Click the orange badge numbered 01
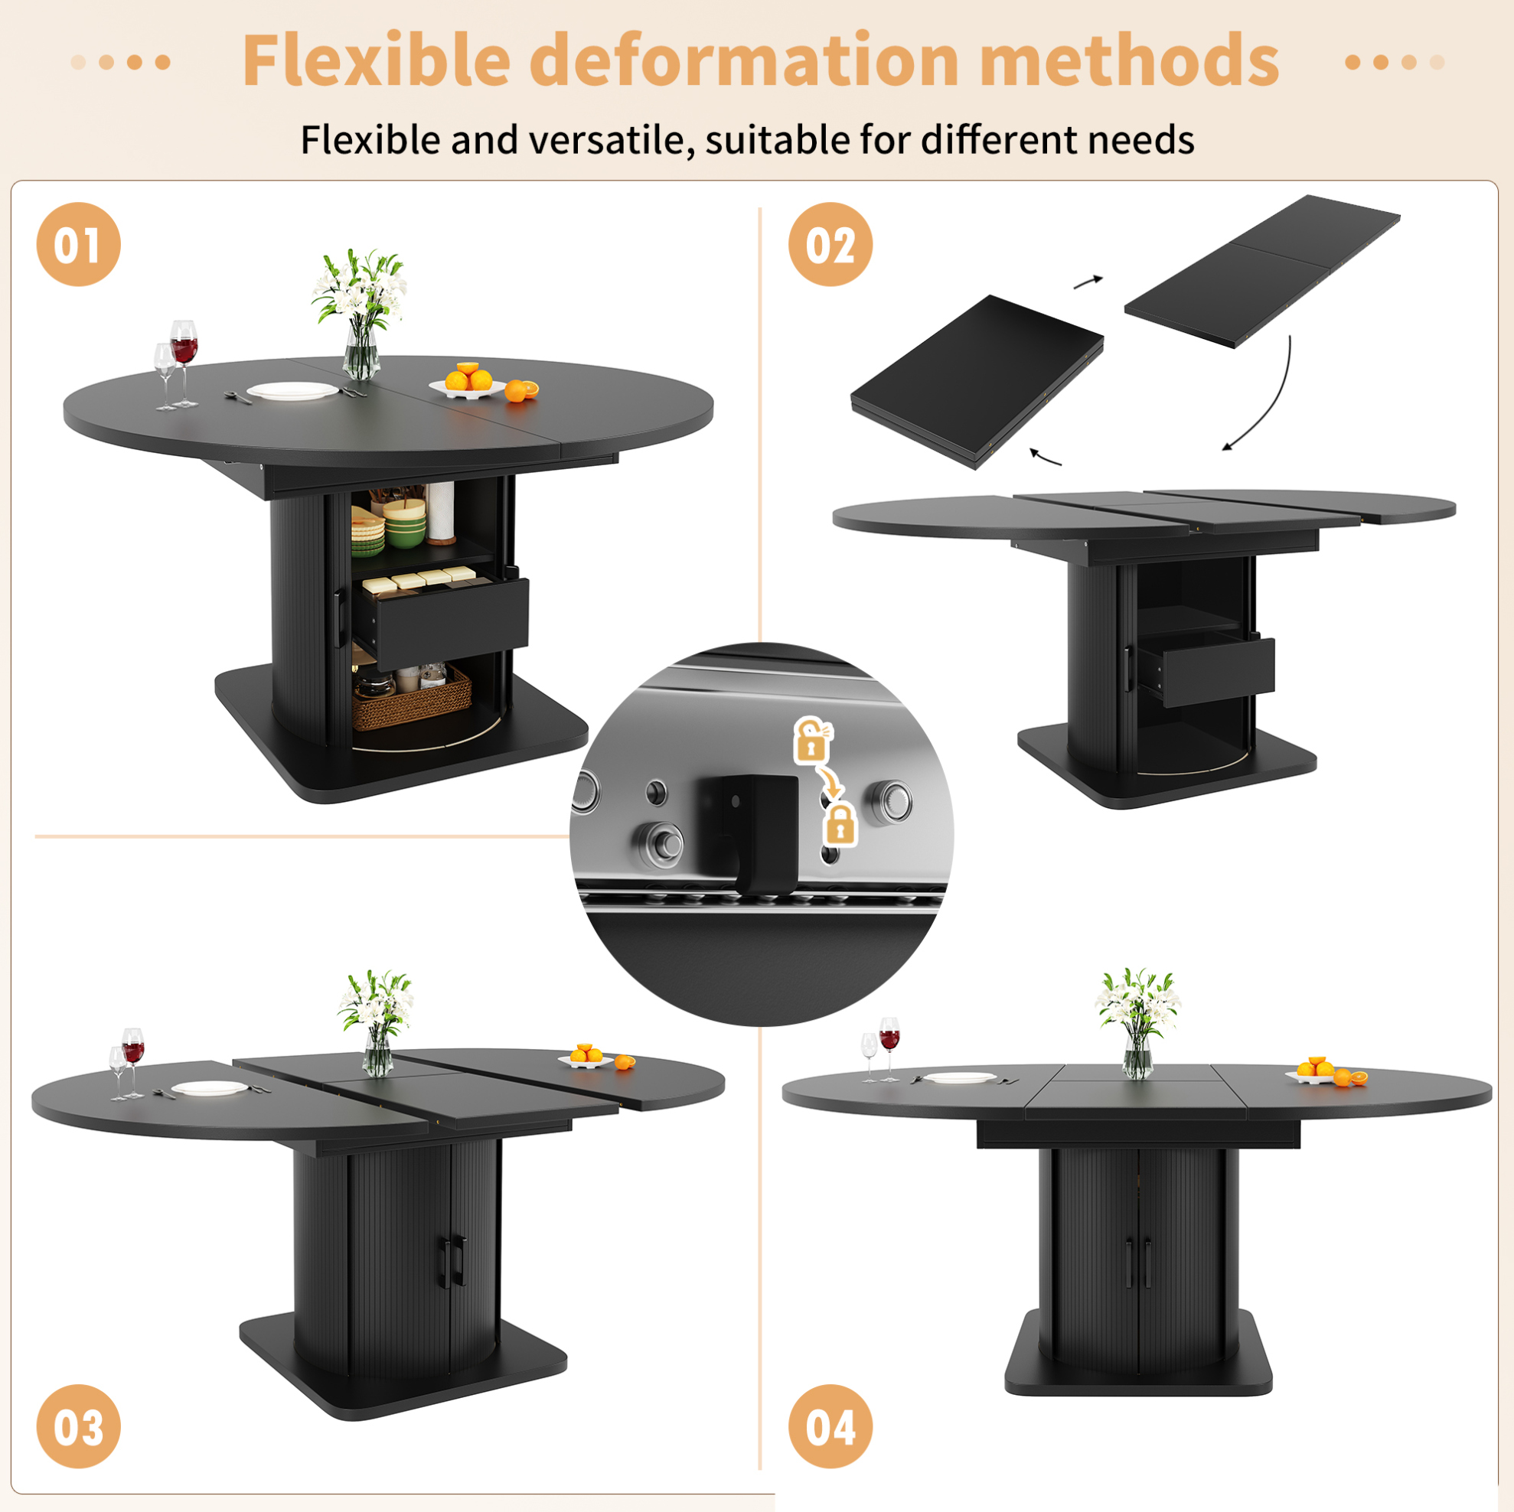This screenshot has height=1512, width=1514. click(78, 243)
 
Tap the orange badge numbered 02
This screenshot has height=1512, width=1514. click(830, 243)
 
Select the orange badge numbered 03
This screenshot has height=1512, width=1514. click(78, 1426)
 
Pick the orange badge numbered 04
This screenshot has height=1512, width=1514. click(830, 1426)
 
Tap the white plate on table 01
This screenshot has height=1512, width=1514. click(292, 391)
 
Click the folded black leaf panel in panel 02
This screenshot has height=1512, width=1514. click(977, 381)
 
